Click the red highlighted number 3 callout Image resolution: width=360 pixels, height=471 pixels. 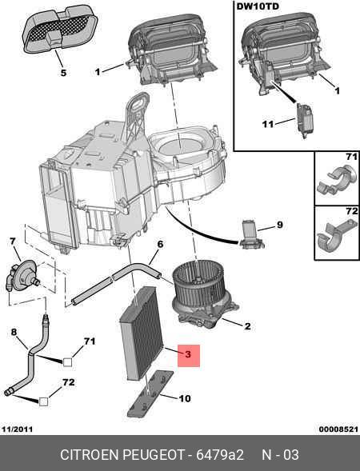click(189, 355)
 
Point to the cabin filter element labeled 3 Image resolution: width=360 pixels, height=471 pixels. click(142, 333)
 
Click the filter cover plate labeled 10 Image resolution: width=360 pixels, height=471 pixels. click(151, 393)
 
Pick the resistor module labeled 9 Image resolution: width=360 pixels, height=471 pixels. click(251, 235)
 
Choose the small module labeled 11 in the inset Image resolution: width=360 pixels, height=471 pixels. click(304, 120)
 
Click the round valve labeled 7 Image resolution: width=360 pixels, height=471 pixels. click(22, 275)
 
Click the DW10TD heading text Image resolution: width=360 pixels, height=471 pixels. click(258, 6)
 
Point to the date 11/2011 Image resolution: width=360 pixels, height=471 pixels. click(17, 429)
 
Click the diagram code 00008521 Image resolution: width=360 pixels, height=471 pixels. click(338, 429)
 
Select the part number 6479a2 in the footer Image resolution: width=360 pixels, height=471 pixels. click(220, 455)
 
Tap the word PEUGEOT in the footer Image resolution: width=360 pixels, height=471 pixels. click(153, 455)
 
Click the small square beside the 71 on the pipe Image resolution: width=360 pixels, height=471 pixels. click(68, 362)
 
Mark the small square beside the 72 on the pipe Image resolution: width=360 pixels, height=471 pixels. click(43, 401)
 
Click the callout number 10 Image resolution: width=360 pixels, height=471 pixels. click(185, 398)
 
